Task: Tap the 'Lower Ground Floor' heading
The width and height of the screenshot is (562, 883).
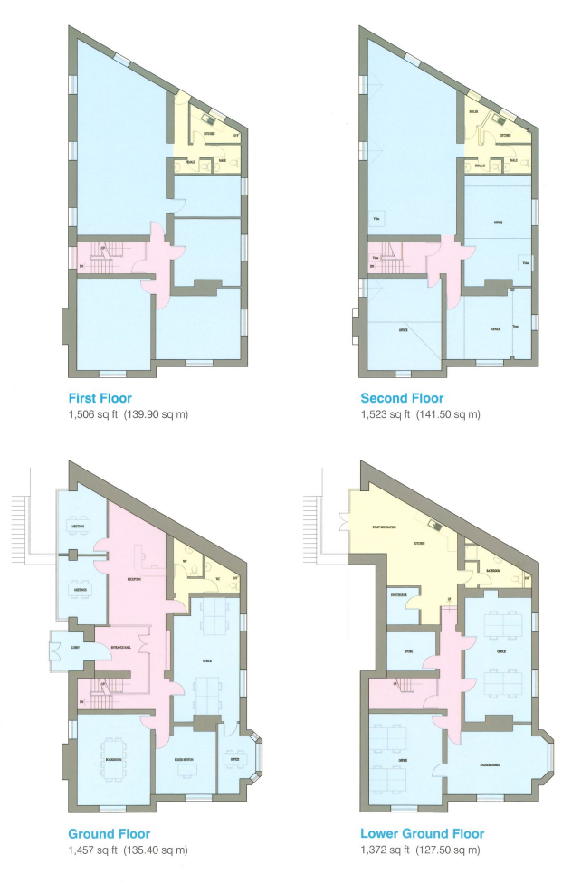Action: click(422, 833)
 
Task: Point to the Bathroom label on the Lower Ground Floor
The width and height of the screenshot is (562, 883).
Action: click(493, 572)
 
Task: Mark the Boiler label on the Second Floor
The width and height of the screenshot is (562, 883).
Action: click(472, 112)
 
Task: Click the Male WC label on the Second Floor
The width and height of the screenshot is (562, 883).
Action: click(512, 161)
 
